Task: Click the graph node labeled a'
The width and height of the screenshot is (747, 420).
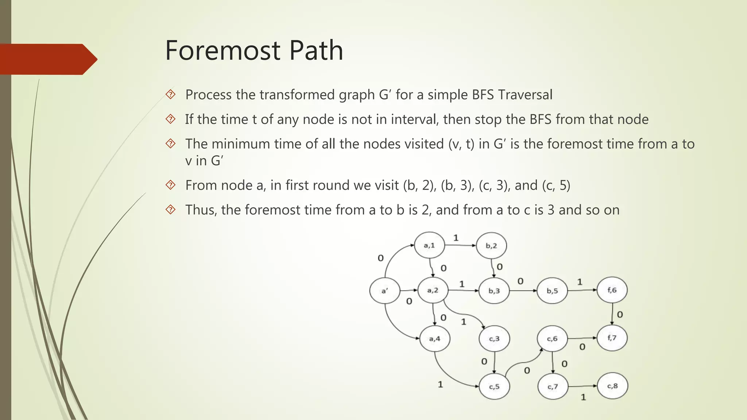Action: pyautogui.click(x=385, y=291)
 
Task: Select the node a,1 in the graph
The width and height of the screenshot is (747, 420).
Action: pyautogui.click(x=429, y=245)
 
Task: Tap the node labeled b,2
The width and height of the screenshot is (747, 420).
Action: pyautogui.click(x=491, y=246)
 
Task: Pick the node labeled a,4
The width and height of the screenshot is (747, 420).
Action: pyautogui.click(x=435, y=339)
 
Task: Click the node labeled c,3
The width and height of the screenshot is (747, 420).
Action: pyautogui.click(x=494, y=339)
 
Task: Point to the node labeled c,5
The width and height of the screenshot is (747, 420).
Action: pyautogui.click(x=494, y=386)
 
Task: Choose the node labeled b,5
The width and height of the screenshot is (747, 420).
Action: pyautogui.click(x=552, y=291)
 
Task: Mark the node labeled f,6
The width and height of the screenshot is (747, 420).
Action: pyautogui.click(x=612, y=290)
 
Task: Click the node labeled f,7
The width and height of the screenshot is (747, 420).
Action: pyautogui.click(x=612, y=338)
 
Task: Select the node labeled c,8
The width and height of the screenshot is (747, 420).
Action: pyautogui.click(x=612, y=386)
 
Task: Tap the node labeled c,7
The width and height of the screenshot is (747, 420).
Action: pyautogui.click(x=553, y=386)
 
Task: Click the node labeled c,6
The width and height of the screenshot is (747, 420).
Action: pyautogui.click(x=552, y=339)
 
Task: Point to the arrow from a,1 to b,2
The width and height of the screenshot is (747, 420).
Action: pyautogui.click(x=461, y=245)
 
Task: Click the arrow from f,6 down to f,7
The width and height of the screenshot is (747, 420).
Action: pyautogui.click(x=612, y=314)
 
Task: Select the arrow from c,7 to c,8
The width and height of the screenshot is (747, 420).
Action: pyautogui.click(x=582, y=386)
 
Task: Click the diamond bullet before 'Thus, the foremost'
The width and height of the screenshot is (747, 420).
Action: pyautogui.click(x=170, y=210)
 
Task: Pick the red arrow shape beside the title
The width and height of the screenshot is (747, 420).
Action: pyautogui.click(x=47, y=59)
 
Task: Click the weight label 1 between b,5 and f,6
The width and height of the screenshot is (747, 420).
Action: pyautogui.click(x=580, y=282)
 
